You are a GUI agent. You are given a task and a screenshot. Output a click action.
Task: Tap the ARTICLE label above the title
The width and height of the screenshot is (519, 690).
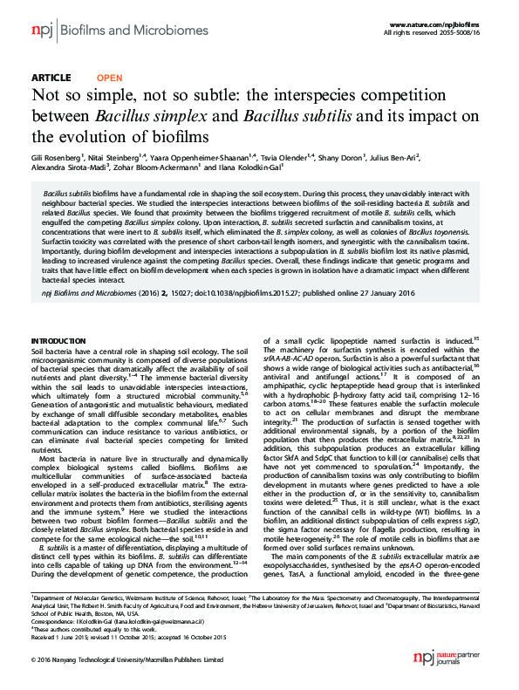click(x=51, y=78)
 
